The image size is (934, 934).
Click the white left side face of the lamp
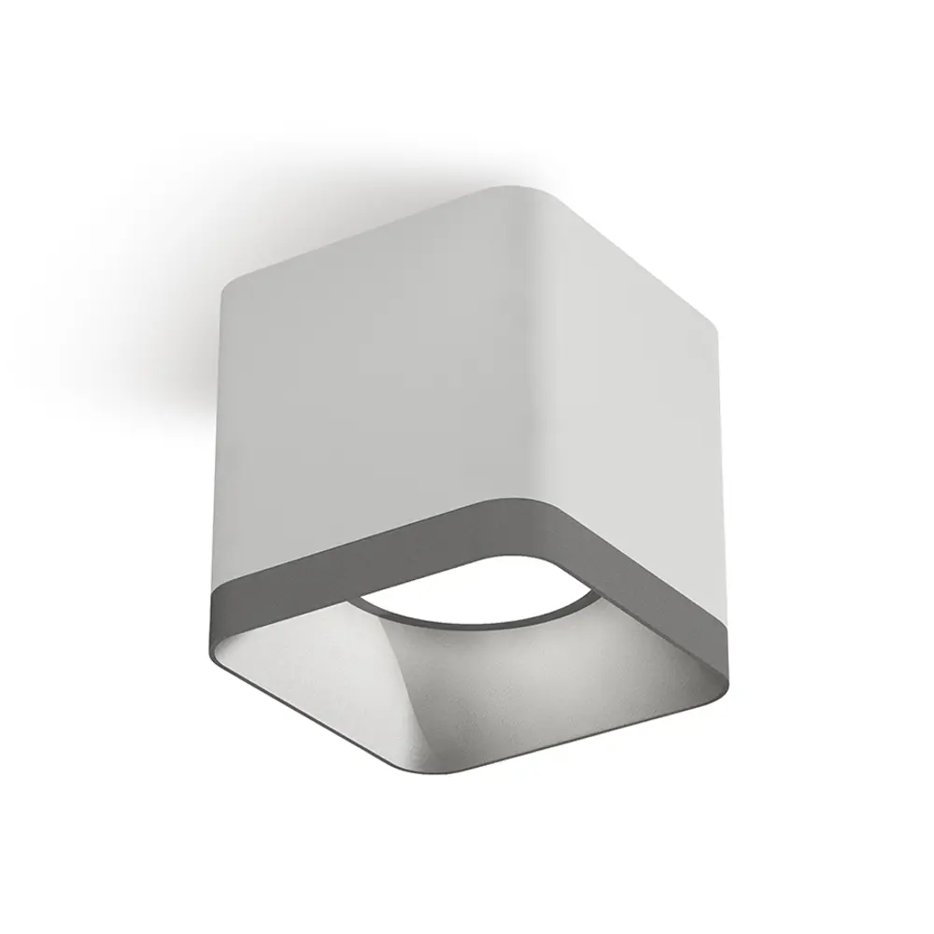(x=355, y=411)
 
